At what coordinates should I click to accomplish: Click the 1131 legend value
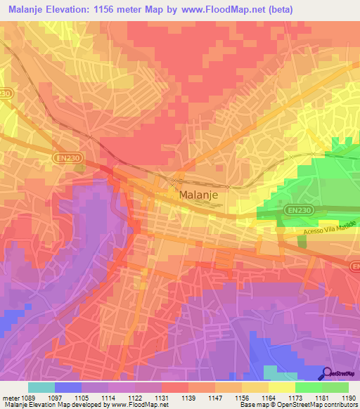coord(162,397)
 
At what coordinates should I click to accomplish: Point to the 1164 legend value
coord(269,397)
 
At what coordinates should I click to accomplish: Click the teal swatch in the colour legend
coord(41,387)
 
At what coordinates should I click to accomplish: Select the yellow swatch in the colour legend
coord(281,387)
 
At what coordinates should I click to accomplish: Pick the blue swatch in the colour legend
coord(68,387)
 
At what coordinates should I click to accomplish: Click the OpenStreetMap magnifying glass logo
coord(326,373)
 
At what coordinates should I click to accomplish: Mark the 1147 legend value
coord(215,397)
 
